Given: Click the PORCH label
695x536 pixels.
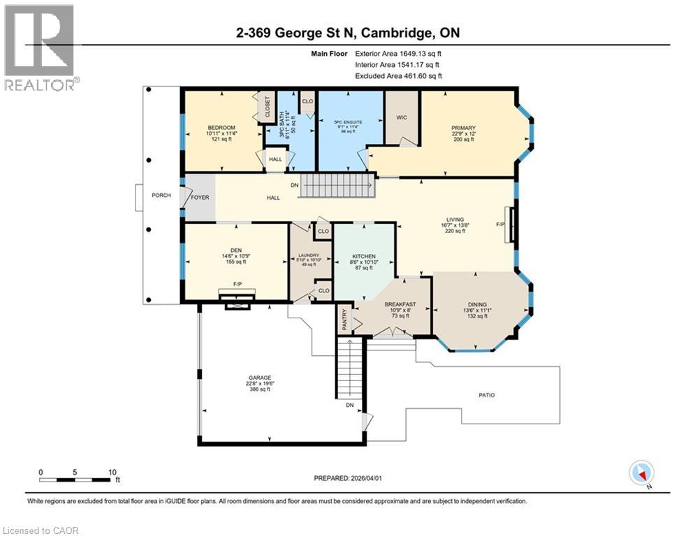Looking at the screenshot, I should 161,195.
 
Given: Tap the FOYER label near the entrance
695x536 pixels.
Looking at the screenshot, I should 200,198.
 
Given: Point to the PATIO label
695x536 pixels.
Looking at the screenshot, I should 487,395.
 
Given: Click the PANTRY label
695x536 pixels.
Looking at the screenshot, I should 343,320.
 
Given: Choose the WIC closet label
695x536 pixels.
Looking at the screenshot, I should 401,118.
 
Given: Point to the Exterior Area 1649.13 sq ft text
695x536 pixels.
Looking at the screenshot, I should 398,53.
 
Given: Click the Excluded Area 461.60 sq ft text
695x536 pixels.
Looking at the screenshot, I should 398,76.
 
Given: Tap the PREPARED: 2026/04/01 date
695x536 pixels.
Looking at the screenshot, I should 347,478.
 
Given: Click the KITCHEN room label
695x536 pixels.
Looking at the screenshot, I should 363,257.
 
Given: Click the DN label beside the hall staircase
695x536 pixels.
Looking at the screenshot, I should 295,186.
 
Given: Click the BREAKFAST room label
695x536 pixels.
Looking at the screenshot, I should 400,304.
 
